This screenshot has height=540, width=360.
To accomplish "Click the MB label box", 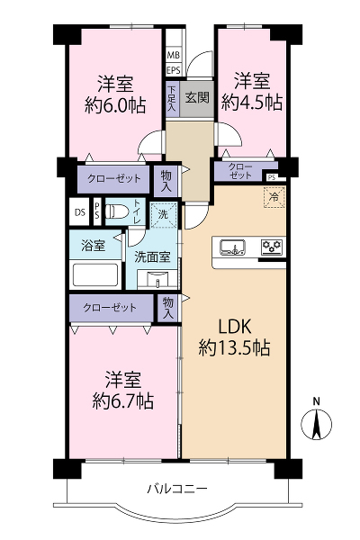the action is pos(174,55).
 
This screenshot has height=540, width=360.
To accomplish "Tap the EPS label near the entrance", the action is pos(174,70).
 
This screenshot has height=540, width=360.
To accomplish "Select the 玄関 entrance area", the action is pos(197,98).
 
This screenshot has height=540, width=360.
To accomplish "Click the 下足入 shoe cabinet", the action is pos(172,99).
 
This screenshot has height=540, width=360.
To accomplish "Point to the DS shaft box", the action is pos(80,211).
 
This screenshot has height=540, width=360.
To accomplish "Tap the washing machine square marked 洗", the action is pos(164,215).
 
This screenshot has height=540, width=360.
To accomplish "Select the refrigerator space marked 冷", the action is pos(274,197).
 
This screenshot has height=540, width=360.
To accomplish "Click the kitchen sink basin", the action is pos(233,247).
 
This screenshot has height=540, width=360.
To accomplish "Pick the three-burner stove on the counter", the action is pos(273,247).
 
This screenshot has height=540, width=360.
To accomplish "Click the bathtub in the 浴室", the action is pos(95,274).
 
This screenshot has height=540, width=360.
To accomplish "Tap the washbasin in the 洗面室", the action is pos(157,279).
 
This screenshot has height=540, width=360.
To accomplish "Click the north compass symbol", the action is pos(316,423).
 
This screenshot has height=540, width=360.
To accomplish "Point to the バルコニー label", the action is pos(178,489).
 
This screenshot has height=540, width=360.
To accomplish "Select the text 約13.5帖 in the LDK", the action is pos(234,347).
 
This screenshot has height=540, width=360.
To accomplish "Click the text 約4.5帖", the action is pos(252,103).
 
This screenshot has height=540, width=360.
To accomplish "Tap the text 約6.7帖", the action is pos(123,400).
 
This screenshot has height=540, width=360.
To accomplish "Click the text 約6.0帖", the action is pos(115,105).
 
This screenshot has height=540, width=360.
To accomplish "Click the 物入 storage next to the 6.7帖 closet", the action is pos(168,308).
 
